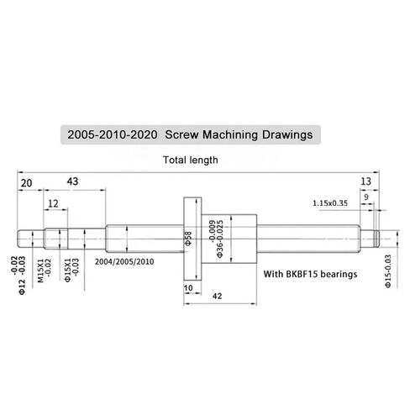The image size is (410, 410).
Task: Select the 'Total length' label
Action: point(192,160)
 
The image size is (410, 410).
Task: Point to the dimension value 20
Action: point(26,182)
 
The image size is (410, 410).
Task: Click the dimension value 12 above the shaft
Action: point(53,204)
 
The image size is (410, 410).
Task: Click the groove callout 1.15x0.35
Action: point(329,203)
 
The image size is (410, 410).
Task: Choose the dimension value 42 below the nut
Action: point(217,296)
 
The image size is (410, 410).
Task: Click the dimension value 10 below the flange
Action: point(187,288)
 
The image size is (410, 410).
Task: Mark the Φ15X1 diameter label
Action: point(67,274)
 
